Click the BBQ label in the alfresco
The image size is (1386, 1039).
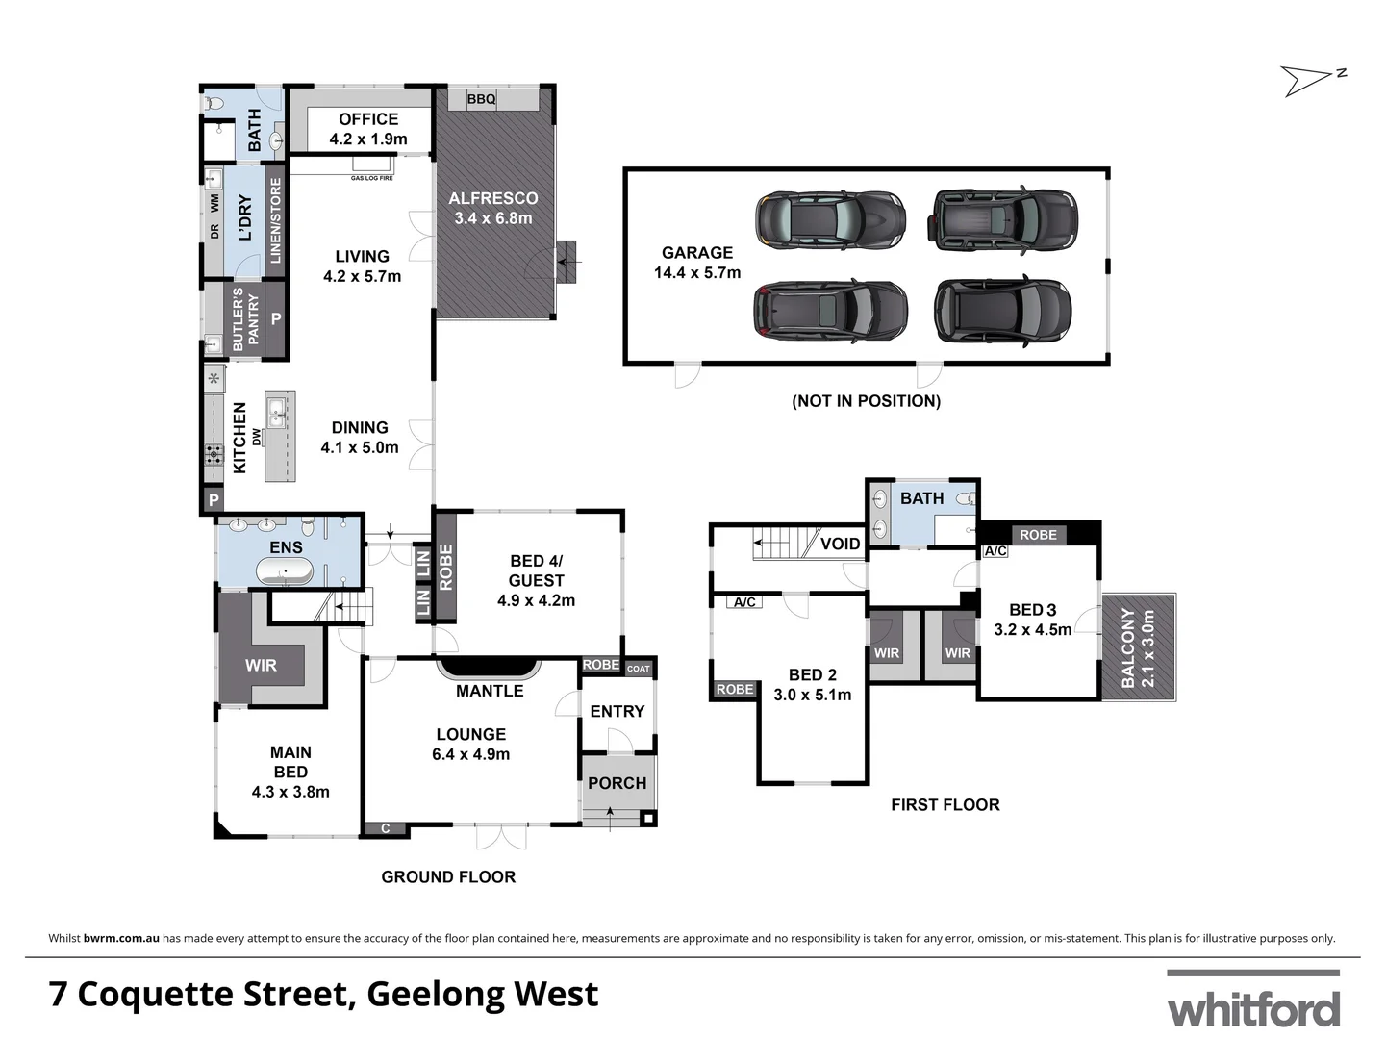coord(481,99)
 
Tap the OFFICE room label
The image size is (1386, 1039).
coord(368,129)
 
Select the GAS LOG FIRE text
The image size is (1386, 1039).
coord(371,178)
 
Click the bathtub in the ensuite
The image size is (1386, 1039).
coord(284,572)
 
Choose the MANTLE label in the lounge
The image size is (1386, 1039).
coord(490,691)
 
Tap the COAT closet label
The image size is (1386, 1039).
coord(639,669)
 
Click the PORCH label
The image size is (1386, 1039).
coord(617,783)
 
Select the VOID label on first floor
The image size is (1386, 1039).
coord(840,544)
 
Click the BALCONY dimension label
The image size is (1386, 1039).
coord(1138,647)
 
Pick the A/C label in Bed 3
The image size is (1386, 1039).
coord(995,551)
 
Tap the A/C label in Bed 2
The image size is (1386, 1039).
coord(744,602)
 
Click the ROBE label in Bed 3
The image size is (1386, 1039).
coord(1038,535)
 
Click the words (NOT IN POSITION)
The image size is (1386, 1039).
coord(866,401)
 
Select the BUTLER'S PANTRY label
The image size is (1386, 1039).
coord(245,319)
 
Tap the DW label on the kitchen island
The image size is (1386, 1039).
coord(257,436)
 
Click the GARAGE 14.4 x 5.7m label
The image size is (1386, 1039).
coord(696,263)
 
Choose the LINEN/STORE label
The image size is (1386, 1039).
coord(276,220)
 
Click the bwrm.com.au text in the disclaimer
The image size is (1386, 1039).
coord(121,938)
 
